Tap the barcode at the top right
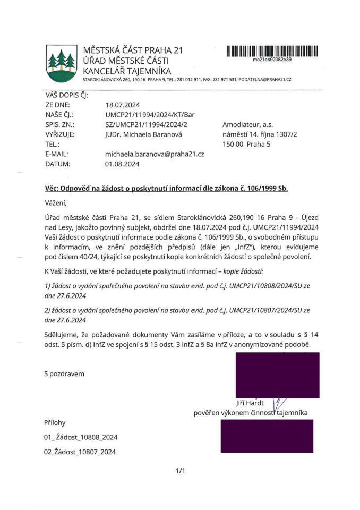pos(272,51)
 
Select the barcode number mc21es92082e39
pos(272,60)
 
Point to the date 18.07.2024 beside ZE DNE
pos(123,105)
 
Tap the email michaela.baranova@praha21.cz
pos(155,154)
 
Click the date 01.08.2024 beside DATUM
pos(123,164)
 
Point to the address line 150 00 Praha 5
pos(246,144)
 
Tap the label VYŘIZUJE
pos(59,134)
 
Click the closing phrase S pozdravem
pos(64,374)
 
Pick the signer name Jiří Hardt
pos(249,402)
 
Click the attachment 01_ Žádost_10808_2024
pos(80,437)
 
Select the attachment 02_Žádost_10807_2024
pos(80,452)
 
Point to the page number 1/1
pos(180,471)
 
